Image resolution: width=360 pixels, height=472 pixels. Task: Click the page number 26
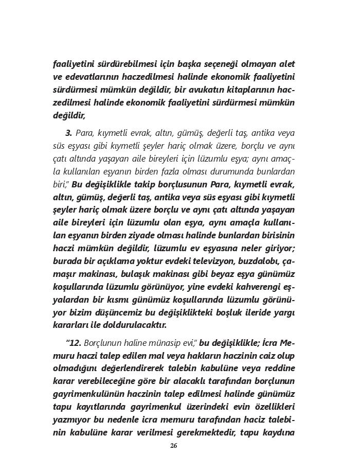173,446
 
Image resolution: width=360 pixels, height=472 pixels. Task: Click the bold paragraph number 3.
69,133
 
